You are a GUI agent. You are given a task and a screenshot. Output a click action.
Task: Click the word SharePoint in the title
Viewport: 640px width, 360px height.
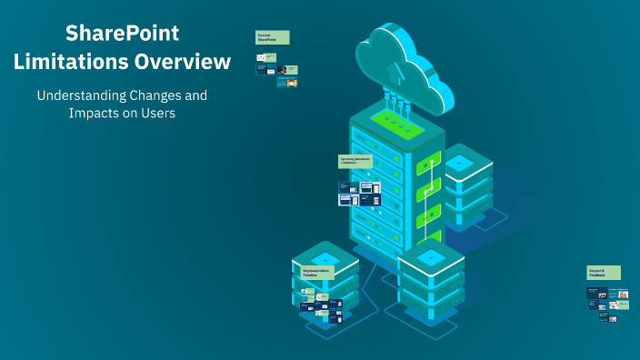(123, 34)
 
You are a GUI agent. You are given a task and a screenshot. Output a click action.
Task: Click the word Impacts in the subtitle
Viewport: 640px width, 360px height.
(95, 114)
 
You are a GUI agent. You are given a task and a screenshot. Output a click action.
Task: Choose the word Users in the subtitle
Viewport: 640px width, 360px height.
(156, 114)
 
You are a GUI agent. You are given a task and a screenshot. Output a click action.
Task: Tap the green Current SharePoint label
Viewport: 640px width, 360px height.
(272, 37)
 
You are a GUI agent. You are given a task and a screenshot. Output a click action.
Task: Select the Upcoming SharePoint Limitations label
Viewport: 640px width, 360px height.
(355, 161)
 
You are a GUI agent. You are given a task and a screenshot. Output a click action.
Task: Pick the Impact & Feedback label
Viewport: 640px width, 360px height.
(603, 272)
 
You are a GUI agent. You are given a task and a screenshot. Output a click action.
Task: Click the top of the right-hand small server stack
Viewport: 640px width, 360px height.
(459, 162)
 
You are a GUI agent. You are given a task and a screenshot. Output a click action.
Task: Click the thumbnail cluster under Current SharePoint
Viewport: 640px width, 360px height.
(276, 69)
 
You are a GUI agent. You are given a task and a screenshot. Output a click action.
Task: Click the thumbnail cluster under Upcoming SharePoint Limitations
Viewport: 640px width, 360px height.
(359, 193)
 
